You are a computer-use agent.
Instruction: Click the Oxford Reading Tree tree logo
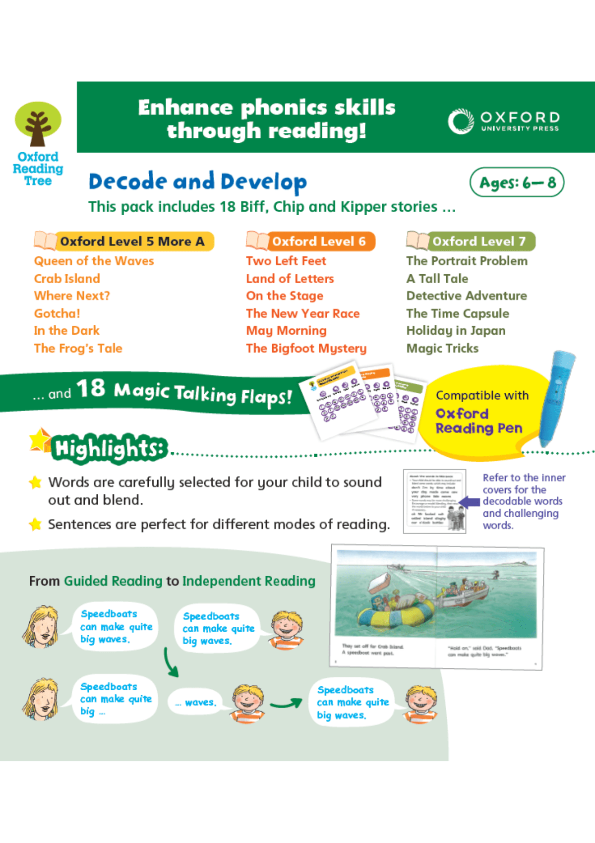[38, 124]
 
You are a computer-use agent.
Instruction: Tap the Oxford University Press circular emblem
[461, 121]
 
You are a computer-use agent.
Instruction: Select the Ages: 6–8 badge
[517, 182]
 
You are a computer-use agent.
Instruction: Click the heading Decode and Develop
[197, 182]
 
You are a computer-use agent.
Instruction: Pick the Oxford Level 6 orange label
[318, 241]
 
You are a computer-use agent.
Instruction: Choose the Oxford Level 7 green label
[478, 241]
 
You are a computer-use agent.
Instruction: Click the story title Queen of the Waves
[94, 261]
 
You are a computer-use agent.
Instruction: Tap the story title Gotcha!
[57, 313]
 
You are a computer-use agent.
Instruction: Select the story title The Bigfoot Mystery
[306, 349]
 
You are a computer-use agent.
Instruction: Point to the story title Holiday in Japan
[456, 331]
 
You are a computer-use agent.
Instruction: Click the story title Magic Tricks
[442, 349]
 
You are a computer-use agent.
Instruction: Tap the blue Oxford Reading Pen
[556, 397]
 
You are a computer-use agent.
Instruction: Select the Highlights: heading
[109, 449]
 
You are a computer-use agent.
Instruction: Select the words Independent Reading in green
[248, 581]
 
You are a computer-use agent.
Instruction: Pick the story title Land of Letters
[290, 279]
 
